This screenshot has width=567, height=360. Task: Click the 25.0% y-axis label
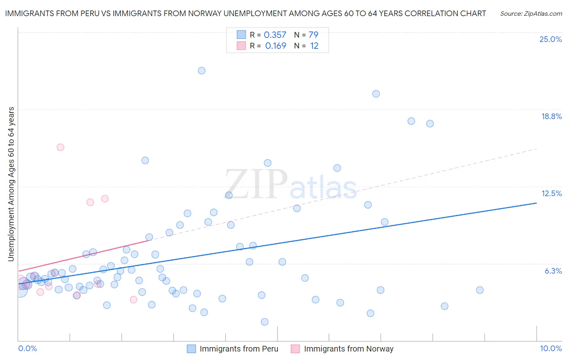[x=550, y=39]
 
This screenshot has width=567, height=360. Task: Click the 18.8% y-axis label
[x=551, y=116]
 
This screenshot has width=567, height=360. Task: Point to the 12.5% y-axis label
[x=551, y=193]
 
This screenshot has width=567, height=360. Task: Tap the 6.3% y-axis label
[x=553, y=271]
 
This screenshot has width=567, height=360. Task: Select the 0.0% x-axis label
[x=27, y=348]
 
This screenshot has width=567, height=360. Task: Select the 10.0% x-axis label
[x=550, y=348]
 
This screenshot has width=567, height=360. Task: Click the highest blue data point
[x=202, y=71]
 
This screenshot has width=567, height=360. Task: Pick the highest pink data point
[x=60, y=147]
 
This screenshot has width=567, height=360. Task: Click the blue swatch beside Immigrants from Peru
[x=192, y=349]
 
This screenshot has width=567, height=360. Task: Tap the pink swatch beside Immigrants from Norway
[x=296, y=349]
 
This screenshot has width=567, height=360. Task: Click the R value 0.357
[x=275, y=35]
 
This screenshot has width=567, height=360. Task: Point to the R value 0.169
[x=276, y=46]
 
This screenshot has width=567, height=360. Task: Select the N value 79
[x=313, y=35]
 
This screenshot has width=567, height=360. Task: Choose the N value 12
[x=314, y=46]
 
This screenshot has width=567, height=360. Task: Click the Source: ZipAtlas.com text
[x=531, y=13]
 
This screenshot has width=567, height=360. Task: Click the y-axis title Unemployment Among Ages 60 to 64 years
[x=11, y=184]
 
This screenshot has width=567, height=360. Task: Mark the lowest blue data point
[x=265, y=322]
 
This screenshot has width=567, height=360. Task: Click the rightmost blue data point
[x=479, y=290]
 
